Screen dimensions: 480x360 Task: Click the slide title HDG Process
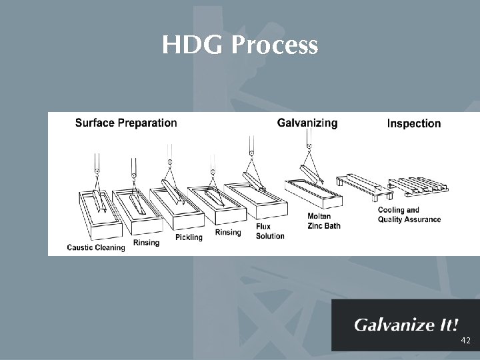point(240,46)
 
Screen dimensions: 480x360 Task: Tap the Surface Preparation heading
point(126,123)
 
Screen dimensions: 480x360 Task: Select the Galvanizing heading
point(307,123)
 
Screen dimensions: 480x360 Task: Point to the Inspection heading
point(414,123)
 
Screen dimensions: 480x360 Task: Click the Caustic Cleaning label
point(96,248)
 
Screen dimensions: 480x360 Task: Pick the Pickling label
point(189,237)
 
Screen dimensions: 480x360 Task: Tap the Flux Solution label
point(270,231)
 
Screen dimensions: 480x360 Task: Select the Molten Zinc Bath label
point(323,221)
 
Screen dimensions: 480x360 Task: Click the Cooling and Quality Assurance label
point(409,215)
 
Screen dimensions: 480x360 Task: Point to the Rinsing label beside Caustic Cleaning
point(146,243)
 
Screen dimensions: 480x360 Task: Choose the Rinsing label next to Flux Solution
point(228,233)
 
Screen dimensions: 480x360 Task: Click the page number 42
point(465,341)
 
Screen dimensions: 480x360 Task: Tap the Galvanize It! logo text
point(406,325)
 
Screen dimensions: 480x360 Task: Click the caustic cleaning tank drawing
point(100,213)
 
